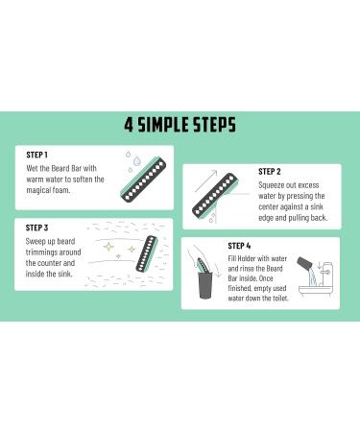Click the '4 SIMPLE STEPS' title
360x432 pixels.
click(180, 125)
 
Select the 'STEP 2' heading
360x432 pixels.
click(270, 172)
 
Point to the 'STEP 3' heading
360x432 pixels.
click(37, 228)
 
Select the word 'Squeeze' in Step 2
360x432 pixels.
click(275, 189)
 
